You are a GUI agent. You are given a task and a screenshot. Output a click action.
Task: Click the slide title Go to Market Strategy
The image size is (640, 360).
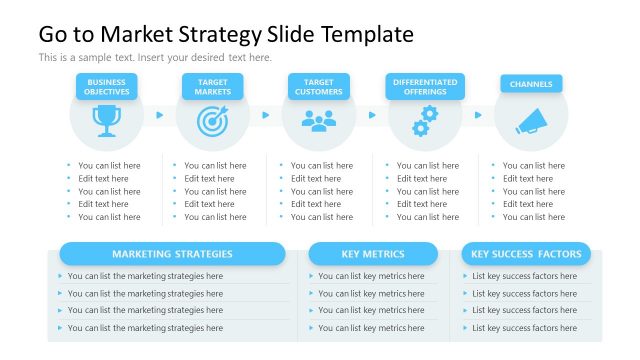pos(226,34)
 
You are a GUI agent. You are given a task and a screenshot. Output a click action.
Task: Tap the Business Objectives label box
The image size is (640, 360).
pos(107,87)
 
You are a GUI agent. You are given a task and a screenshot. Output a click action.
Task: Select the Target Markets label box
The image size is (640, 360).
pos(213,87)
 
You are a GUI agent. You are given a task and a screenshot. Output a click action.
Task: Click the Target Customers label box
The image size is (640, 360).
pos(319,87)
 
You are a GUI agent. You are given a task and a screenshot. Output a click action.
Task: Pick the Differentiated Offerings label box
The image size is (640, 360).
pos(425,87)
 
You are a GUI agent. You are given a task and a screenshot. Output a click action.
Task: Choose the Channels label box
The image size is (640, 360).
pos(531,85)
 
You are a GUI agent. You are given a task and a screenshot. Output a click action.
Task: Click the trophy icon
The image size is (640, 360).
pos(106,121)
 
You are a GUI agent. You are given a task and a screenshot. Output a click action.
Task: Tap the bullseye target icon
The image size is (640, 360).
pos(212,121)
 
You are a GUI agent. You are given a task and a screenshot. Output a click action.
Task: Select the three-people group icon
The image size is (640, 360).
pos(319,121)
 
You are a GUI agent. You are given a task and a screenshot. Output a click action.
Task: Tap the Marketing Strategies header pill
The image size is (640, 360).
pos(172,254)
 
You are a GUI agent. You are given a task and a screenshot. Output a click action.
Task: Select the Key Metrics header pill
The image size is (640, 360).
pos(373,254)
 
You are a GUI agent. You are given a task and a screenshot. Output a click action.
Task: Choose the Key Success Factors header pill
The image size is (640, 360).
pos(526,254)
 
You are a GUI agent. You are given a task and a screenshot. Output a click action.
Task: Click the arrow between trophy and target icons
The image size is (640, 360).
pos(159,114)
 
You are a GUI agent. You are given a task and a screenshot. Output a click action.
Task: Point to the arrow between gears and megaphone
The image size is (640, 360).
pos(478,114)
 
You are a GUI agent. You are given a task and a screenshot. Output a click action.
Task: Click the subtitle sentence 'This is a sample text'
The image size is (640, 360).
pos(155,58)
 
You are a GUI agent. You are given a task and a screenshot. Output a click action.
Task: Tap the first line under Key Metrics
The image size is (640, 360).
pos(371,277)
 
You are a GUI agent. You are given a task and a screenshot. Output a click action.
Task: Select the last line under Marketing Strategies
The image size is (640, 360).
pos(145,328)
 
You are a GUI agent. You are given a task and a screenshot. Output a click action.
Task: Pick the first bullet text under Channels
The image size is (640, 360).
pos(533,166)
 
